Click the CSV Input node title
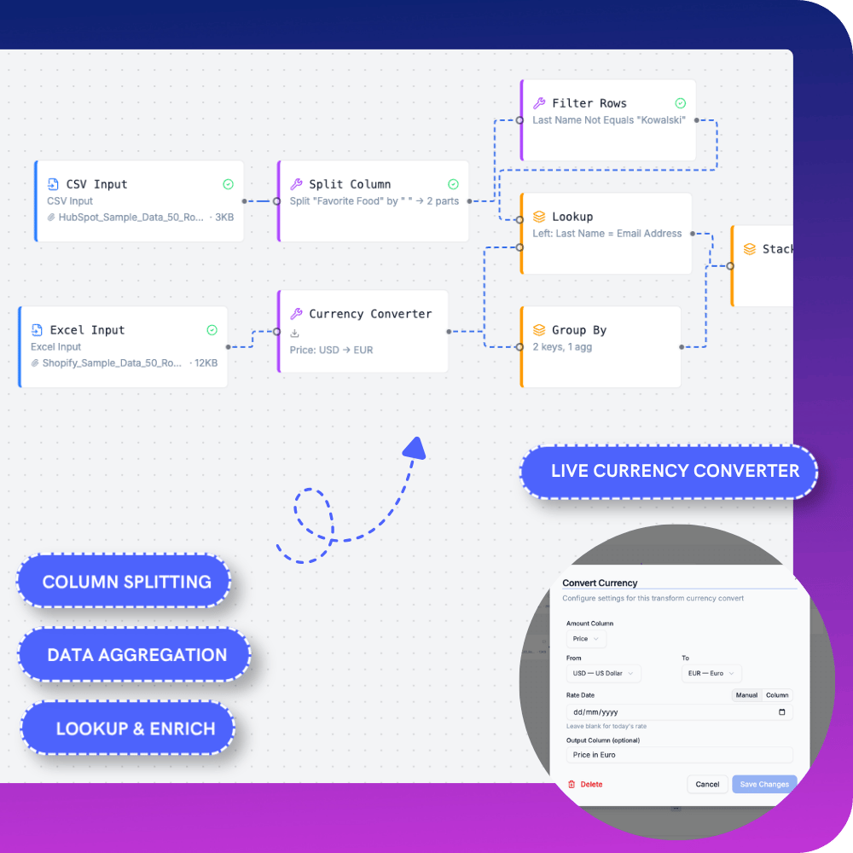(x=96, y=184)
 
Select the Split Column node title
(x=350, y=184)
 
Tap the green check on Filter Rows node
(x=681, y=103)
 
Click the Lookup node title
(x=572, y=217)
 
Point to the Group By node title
(x=579, y=330)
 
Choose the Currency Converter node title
(x=370, y=314)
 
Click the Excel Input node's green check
(x=212, y=330)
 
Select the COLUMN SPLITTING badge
(x=126, y=582)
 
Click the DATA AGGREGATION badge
(x=136, y=655)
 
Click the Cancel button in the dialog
(x=707, y=784)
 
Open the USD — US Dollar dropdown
(x=603, y=674)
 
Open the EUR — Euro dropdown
(x=711, y=674)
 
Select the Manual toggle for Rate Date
(x=746, y=695)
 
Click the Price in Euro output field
(x=678, y=755)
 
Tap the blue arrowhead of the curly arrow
(x=415, y=447)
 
